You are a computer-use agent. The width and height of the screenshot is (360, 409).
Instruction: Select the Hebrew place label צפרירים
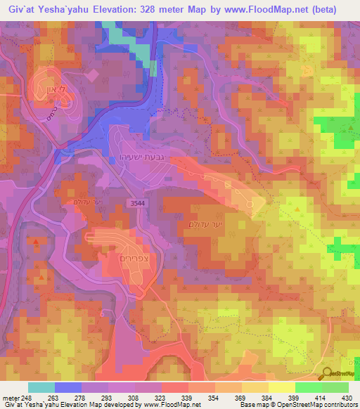(x=129, y=258)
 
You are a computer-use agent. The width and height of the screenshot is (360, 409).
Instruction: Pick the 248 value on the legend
(x=27, y=397)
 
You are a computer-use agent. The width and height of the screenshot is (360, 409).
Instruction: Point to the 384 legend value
(x=257, y=397)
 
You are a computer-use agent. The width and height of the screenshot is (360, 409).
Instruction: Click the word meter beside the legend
(x=10, y=397)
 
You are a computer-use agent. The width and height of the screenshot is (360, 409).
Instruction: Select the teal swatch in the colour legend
(x=41, y=387)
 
